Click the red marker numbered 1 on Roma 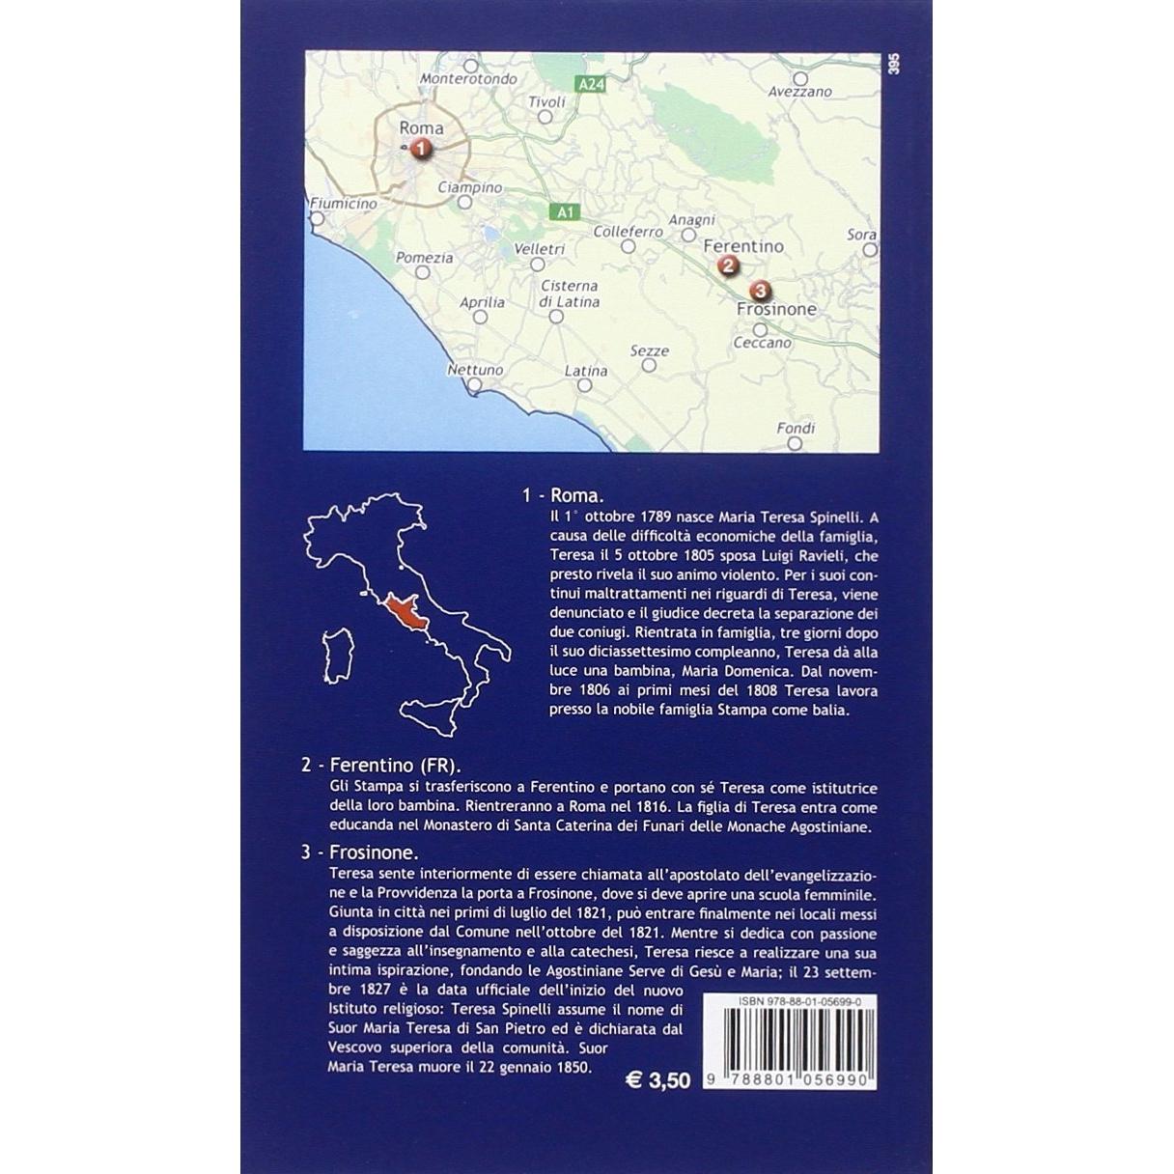click(420, 149)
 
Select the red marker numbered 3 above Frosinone click(760, 290)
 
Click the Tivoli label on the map click(546, 102)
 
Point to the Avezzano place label click(800, 92)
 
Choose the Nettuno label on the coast click(475, 370)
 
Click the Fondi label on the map click(796, 428)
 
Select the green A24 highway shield click(591, 85)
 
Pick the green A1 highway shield click(566, 211)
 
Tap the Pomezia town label click(425, 258)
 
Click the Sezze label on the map click(649, 351)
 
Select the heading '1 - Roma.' click(563, 495)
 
